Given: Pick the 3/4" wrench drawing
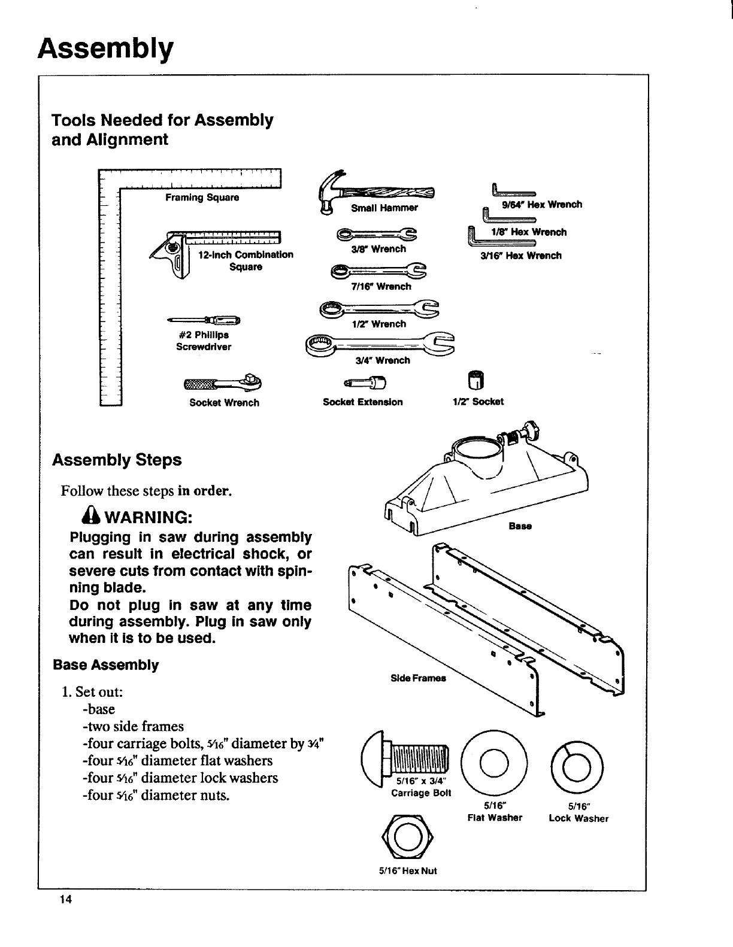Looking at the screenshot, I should (x=380, y=344).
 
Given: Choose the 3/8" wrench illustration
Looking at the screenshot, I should (x=377, y=234).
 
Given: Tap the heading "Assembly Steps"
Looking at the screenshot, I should (x=117, y=460).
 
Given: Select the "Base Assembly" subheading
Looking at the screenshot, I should (x=105, y=665).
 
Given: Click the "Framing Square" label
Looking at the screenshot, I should (x=202, y=198).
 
